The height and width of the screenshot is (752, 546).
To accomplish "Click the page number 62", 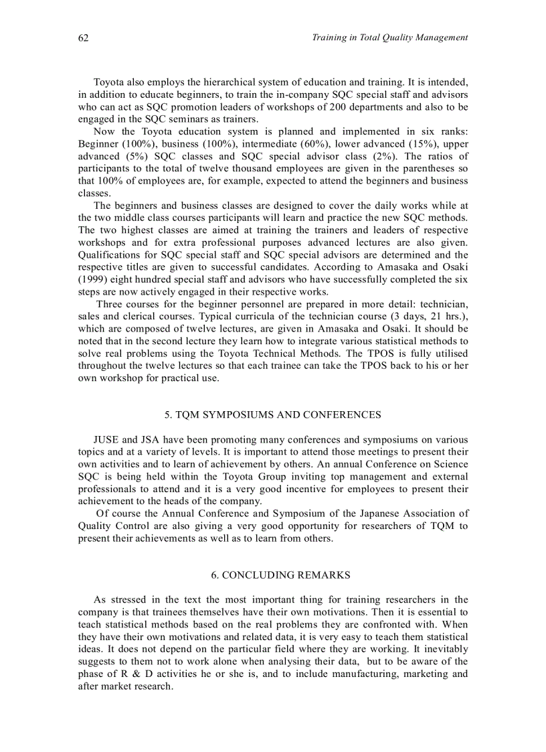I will pos(84,38).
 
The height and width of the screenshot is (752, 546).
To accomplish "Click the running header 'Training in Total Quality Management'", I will pos(389,37).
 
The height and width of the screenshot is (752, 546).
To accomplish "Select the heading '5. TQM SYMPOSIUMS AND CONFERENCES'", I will pos(273,415).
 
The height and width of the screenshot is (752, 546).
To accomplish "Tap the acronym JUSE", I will pos(106,440).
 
